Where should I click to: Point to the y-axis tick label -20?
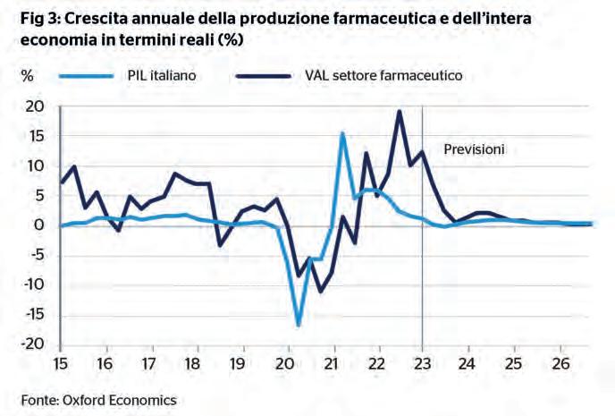32,344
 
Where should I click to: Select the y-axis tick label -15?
32,315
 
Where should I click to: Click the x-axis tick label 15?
59,365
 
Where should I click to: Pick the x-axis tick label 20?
286,365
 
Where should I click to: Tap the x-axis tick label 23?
422,365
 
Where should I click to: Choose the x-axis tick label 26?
558,365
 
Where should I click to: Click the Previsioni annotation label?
475,149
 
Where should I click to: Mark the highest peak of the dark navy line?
399,112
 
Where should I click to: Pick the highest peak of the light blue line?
342,133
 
